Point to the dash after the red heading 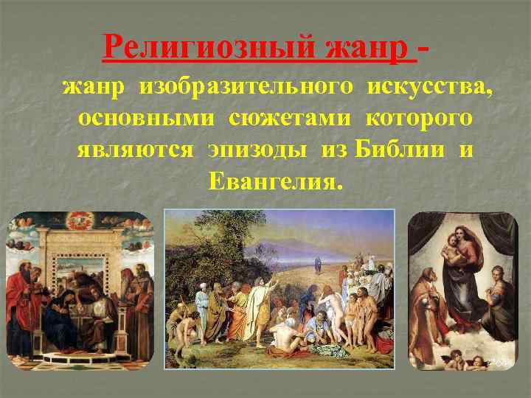click(426, 49)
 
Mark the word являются click(135, 150)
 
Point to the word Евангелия click(276, 181)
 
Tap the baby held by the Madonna click(452, 250)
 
